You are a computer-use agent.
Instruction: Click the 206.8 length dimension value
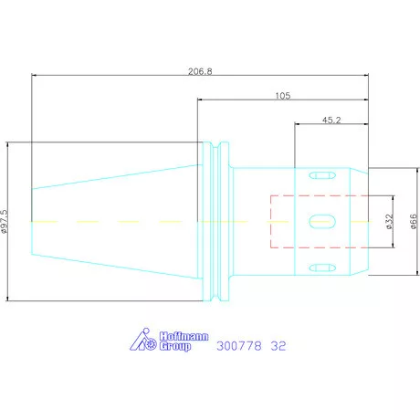coord(200,71)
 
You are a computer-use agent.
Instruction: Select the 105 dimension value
coord(283,96)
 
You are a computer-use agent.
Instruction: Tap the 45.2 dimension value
coord(331,121)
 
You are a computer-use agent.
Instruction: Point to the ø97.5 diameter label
coord(4,221)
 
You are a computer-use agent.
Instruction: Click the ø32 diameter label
coord(389,221)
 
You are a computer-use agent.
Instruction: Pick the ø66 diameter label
coord(413,221)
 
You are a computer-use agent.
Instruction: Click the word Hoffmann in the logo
coord(184,336)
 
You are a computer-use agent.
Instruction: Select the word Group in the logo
coord(175,346)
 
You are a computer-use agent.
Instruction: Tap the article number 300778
coord(239,346)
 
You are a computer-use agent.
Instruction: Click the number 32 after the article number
coord(278,346)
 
